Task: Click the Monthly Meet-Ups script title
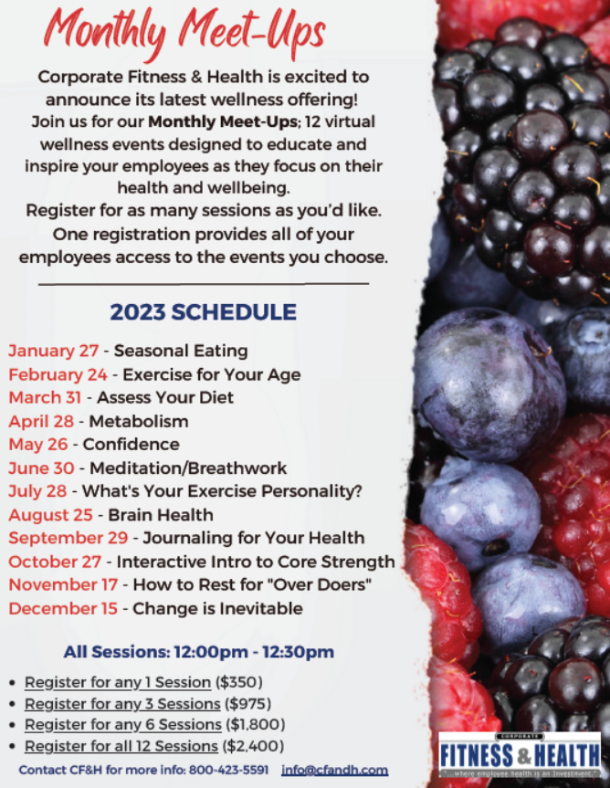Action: (x=188, y=33)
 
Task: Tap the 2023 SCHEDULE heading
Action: (x=203, y=312)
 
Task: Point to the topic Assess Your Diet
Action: (x=165, y=397)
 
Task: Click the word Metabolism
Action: (x=139, y=421)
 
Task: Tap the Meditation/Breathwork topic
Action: (x=188, y=468)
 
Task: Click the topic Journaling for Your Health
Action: (x=253, y=538)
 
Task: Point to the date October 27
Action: (x=54, y=562)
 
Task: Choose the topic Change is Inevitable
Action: (x=218, y=608)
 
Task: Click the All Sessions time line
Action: (x=198, y=652)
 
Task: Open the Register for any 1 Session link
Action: (x=118, y=682)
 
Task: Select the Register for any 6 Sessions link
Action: (x=122, y=725)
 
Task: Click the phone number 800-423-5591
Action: (x=229, y=770)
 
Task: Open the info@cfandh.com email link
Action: (x=335, y=770)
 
